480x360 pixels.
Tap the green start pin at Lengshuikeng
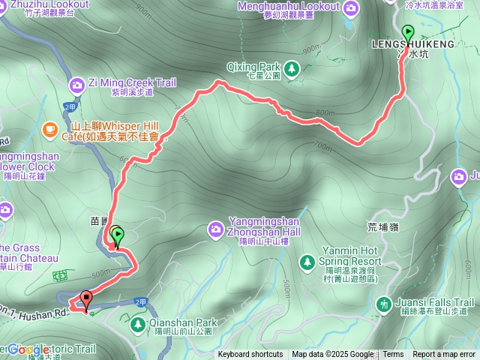click(x=408, y=33)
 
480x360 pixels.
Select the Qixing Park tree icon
click(x=292, y=69)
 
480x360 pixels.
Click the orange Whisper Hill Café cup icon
click(x=49, y=130)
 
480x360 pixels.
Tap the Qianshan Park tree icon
click(x=137, y=324)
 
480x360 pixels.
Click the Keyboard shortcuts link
click(x=250, y=355)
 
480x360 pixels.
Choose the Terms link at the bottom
click(x=393, y=355)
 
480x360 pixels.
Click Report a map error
click(x=444, y=355)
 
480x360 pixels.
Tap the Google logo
click(x=30, y=349)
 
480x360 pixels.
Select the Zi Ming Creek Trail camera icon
click(x=77, y=84)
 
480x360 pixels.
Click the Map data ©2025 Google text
click(x=332, y=355)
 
